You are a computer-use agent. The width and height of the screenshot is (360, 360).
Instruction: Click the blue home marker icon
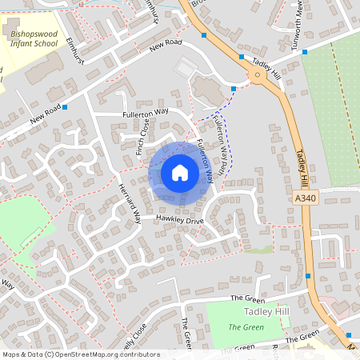tap(180, 173)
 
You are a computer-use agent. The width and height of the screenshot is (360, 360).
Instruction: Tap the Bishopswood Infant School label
tap(34, 36)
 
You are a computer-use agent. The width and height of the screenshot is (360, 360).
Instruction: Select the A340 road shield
tap(306, 198)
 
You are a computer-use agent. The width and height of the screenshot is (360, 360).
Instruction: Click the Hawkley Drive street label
tap(180, 218)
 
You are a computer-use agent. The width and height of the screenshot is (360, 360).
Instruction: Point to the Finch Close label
tap(142, 136)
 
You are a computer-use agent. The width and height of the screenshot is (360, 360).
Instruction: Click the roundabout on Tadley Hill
tap(257, 76)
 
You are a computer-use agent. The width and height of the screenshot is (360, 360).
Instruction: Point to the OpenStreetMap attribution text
tap(81, 354)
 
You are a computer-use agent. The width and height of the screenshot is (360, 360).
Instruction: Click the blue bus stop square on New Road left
tap(65, 106)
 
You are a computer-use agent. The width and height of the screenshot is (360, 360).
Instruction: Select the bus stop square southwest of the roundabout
tap(234, 88)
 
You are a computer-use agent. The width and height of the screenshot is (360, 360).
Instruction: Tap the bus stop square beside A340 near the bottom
tap(308, 276)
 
